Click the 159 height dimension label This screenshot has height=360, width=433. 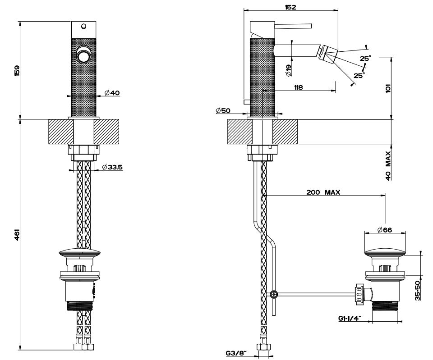click(x=16, y=70)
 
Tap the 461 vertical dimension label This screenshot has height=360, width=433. click(x=16, y=235)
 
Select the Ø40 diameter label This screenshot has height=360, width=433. click(x=111, y=93)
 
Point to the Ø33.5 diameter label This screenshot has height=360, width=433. click(x=113, y=167)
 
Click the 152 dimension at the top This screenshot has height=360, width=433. click(x=290, y=7)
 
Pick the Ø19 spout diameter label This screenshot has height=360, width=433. click(x=289, y=69)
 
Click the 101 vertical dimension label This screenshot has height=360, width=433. click(x=388, y=88)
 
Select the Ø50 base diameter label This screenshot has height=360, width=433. click(x=223, y=110)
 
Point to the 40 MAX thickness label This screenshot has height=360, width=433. click(x=388, y=165)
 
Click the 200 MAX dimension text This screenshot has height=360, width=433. click(x=323, y=192)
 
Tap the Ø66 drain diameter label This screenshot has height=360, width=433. click(x=384, y=230)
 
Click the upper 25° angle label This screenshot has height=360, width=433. click(x=365, y=58)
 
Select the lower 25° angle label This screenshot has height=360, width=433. click(x=359, y=76)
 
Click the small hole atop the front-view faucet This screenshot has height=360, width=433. click(x=83, y=27)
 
